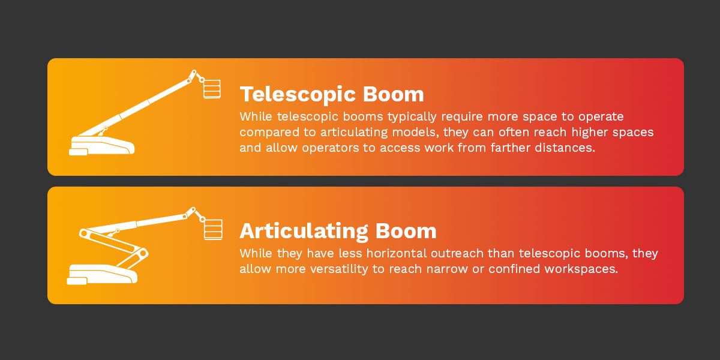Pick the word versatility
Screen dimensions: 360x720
[x=337, y=269]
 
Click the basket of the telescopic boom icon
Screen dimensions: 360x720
[x=211, y=88]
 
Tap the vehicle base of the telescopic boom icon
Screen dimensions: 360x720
[x=102, y=146]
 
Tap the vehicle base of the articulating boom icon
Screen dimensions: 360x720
[x=102, y=274]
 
